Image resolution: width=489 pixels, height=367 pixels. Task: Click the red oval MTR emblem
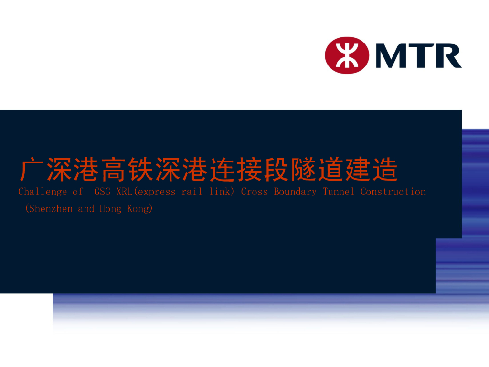pyautogui.click(x=347, y=55)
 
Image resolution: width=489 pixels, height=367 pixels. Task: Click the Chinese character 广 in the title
pyautogui.click(x=32, y=170)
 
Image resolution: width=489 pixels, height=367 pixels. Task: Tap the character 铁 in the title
pyautogui.click(x=141, y=170)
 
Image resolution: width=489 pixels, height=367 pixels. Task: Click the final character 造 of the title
pyautogui.click(x=385, y=170)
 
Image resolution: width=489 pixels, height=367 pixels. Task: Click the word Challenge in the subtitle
pyautogui.click(x=43, y=192)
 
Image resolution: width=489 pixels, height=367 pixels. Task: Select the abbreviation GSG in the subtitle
pyautogui.click(x=102, y=192)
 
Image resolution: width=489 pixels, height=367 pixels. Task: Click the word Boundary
pyautogui.click(x=295, y=192)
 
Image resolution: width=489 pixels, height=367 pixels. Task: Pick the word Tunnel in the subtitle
pyautogui.click(x=339, y=192)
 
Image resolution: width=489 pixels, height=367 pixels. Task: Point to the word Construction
pyautogui.click(x=393, y=192)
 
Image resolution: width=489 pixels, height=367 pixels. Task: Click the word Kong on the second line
pyautogui.click(x=138, y=208)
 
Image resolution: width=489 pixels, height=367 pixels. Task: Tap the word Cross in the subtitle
pyautogui.click(x=254, y=192)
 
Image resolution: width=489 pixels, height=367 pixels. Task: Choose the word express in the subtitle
pyautogui.click(x=157, y=192)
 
